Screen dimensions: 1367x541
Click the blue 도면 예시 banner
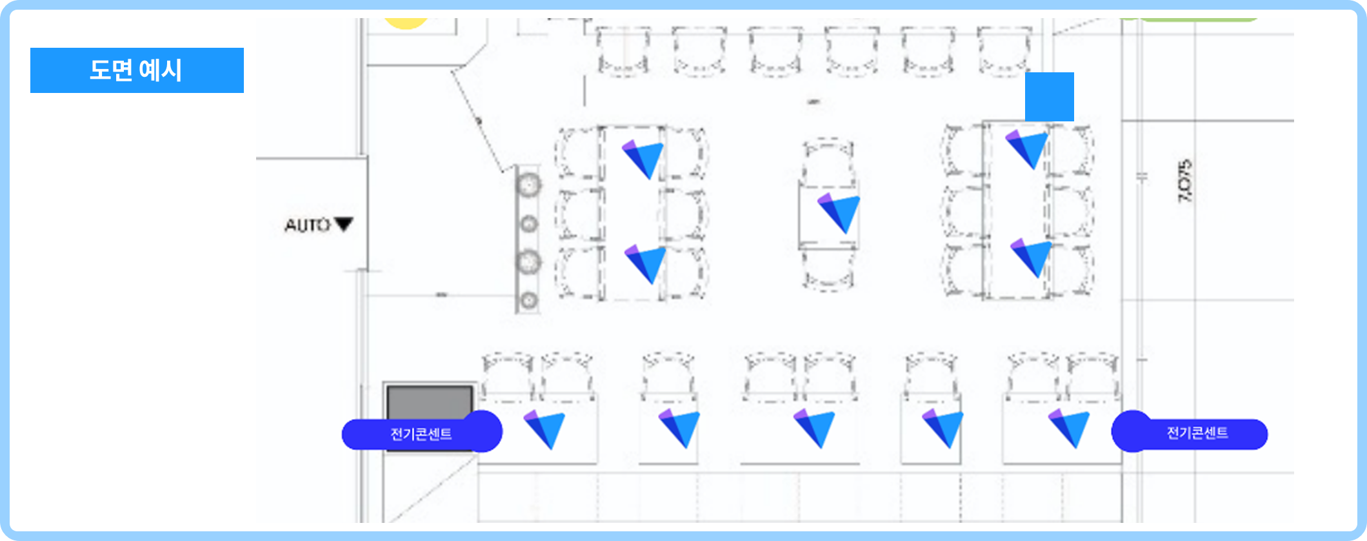click(137, 70)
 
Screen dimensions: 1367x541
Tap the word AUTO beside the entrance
click(308, 225)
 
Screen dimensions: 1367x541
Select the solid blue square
click(1050, 97)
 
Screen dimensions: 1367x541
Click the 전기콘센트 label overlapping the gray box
click(422, 432)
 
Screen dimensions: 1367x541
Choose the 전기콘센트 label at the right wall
click(1190, 432)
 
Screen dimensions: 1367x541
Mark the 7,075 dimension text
click(1185, 181)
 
